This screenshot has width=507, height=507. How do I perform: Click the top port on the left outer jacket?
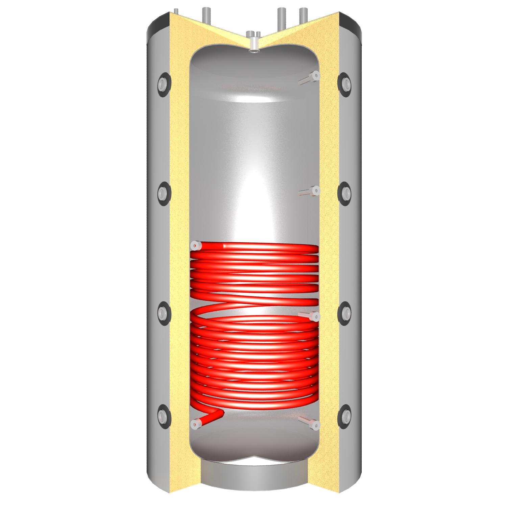tap(163, 83)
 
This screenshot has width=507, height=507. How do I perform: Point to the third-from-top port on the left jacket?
tap(163, 313)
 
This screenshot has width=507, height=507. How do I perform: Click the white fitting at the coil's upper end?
tap(195, 246)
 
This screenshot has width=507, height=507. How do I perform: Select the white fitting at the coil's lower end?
tap(195, 424)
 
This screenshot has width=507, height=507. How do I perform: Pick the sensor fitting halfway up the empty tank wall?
tap(315, 191)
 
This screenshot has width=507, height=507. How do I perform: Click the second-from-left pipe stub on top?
tap(206, 15)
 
